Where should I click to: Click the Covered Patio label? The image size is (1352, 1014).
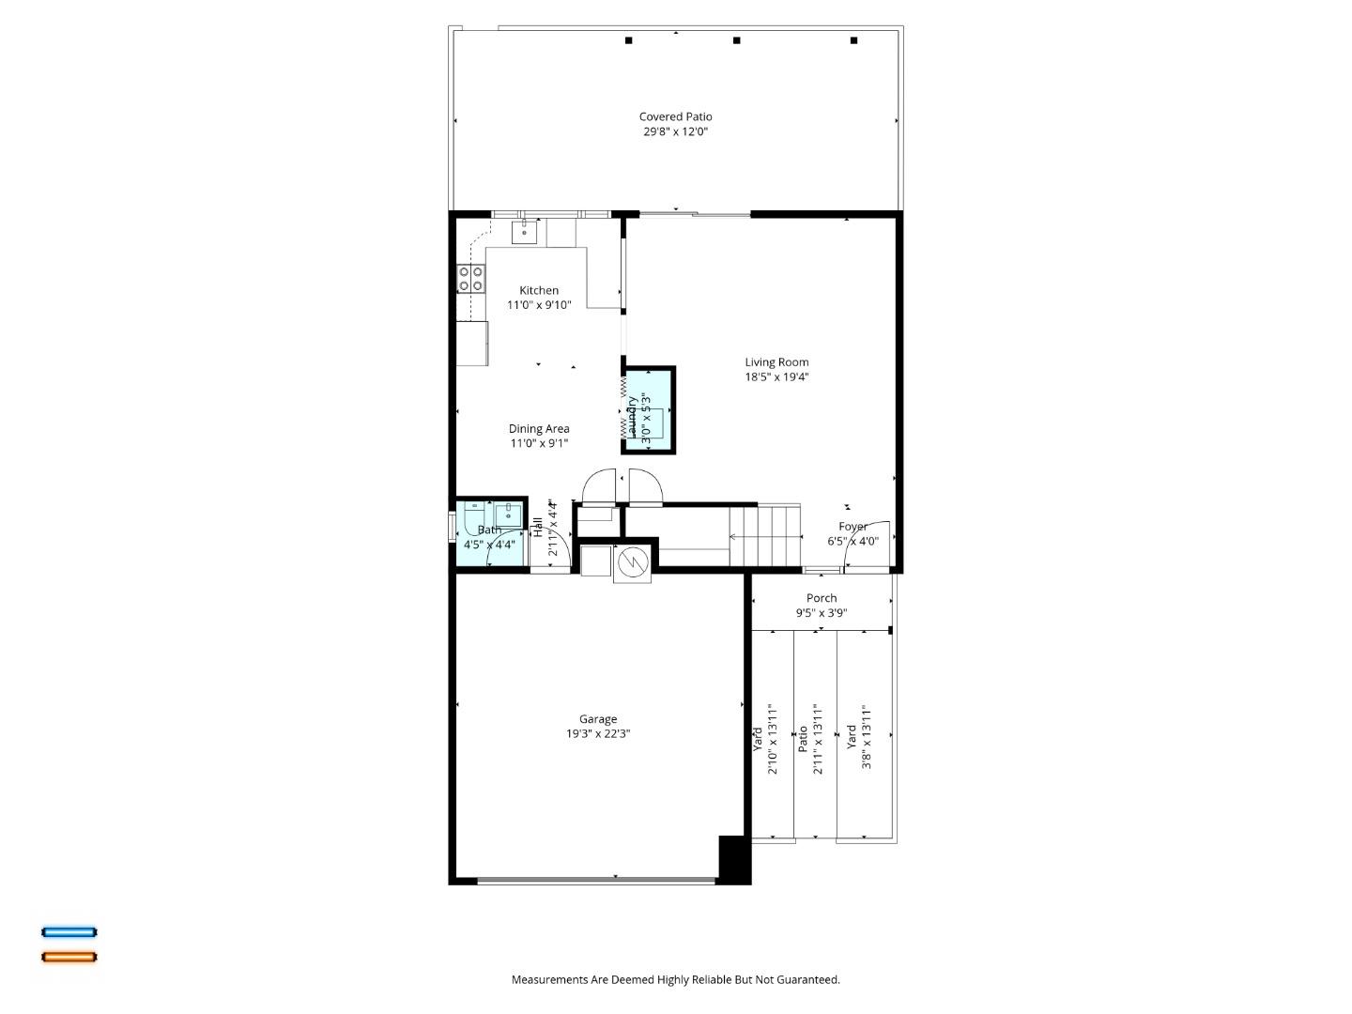(675, 117)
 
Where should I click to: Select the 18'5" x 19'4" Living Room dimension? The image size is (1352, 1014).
(776, 377)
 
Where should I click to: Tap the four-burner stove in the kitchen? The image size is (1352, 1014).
(470, 278)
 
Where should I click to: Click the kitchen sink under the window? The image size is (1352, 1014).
(524, 231)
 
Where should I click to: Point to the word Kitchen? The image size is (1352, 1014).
(539, 291)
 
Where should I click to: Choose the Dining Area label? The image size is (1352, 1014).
(539, 429)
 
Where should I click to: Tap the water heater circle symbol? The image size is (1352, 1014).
(632, 561)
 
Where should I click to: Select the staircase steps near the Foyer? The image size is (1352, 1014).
(765, 536)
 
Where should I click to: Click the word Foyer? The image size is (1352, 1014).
(853, 527)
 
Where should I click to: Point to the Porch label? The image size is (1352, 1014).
(822, 598)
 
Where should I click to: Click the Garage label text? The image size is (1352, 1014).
(597, 720)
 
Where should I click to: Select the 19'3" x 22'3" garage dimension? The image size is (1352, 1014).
(597, 735)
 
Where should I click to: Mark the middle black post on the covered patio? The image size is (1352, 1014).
(737, 40)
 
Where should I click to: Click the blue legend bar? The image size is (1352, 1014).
(69, 932)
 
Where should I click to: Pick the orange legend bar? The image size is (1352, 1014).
(69, 958)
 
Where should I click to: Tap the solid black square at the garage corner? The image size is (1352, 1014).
(734, 858)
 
